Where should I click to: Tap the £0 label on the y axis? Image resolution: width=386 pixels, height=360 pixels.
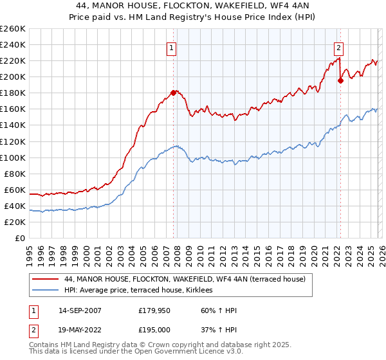point(21,238)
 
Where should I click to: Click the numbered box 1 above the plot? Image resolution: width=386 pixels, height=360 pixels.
point(172,47)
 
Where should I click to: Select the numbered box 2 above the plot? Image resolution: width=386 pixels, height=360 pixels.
point(338,47)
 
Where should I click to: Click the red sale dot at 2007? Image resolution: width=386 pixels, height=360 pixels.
point(173,93)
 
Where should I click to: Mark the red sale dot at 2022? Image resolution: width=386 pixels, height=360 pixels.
point(340,80)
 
